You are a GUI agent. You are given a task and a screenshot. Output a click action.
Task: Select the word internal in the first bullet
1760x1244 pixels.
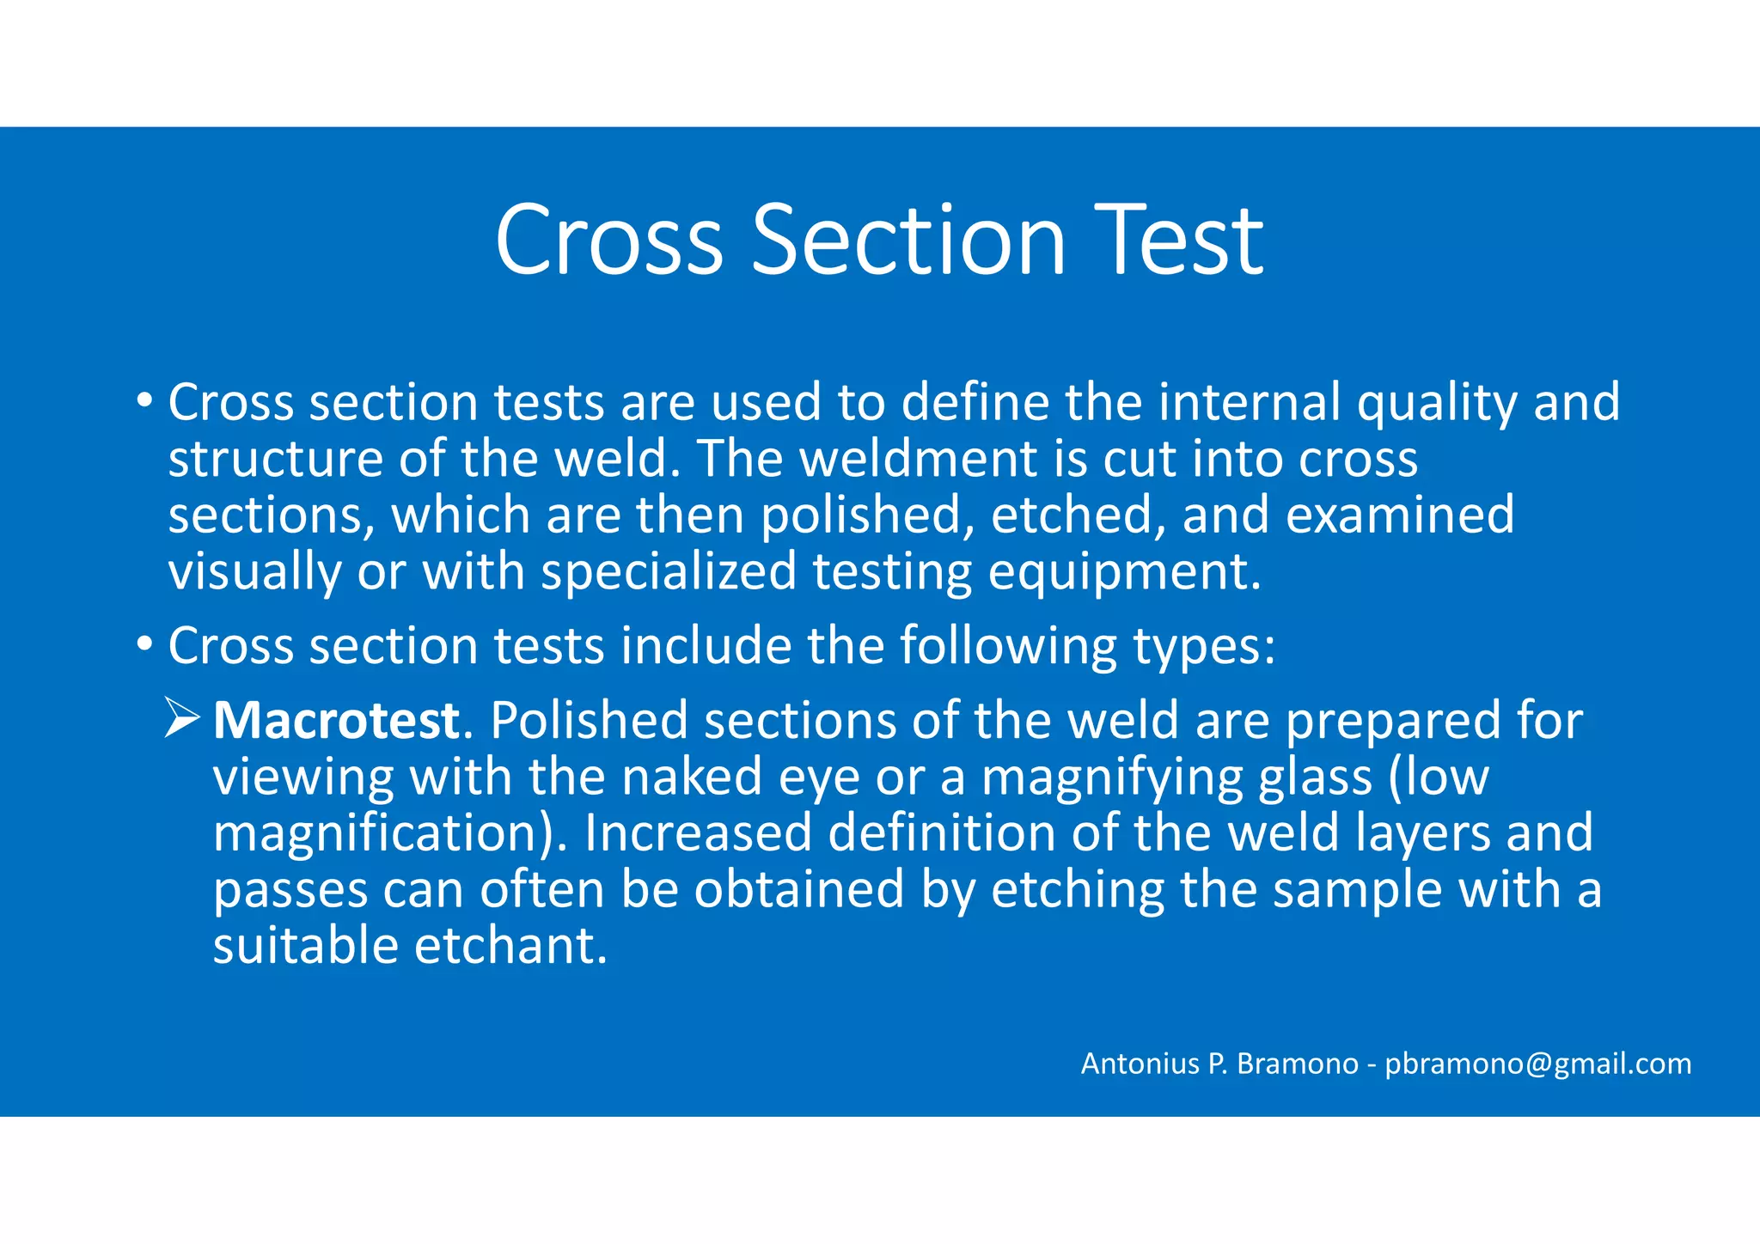click(x=1250, y=402)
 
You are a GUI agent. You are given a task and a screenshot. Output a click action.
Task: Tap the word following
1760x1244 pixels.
click(x=1008, y=646)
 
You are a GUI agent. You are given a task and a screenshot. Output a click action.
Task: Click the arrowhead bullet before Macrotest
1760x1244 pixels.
click(x=182, y=718)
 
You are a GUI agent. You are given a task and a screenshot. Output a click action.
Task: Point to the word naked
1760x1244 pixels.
click(x=692, y=777)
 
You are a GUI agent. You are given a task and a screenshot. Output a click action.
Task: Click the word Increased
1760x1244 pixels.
click(x=698, y=833)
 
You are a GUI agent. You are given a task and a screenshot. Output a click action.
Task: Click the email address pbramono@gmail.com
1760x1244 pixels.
click(x=1538, y=1064)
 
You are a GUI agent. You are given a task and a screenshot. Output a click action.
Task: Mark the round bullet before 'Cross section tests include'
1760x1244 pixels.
click(x=144, y=643)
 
